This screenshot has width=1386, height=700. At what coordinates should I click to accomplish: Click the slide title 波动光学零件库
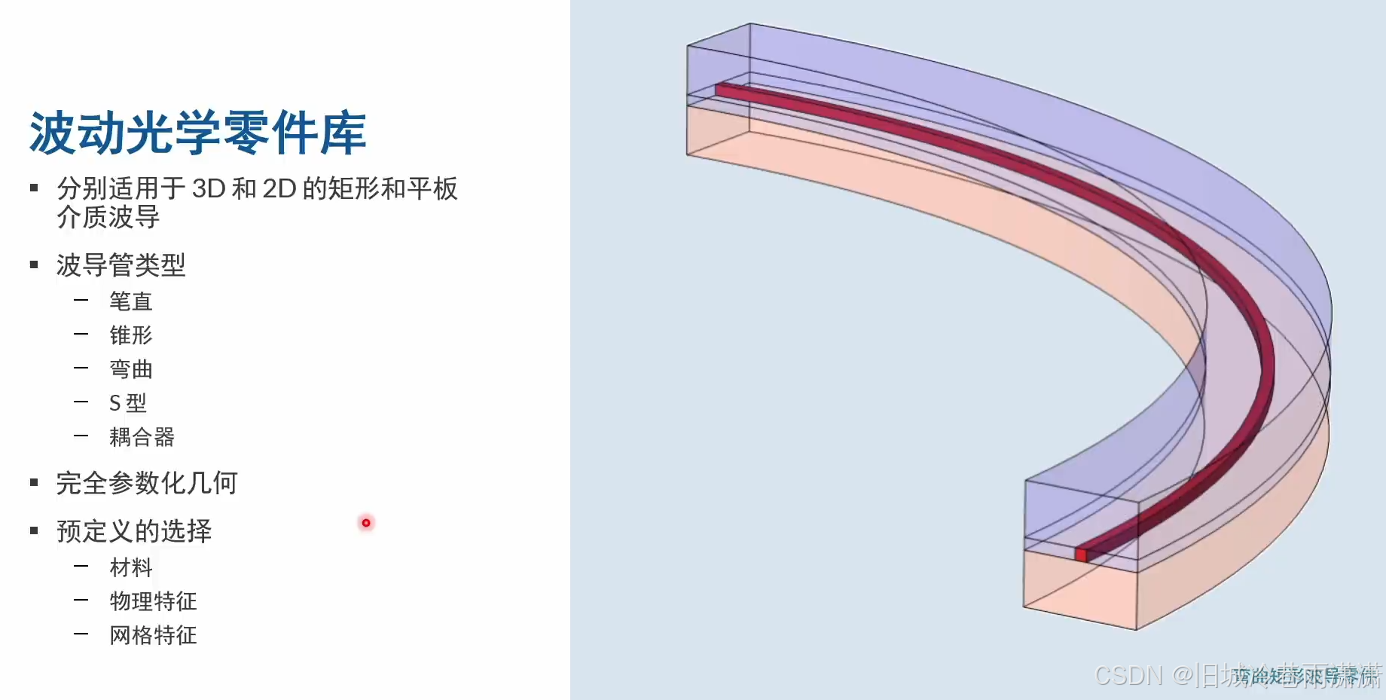[197, 133]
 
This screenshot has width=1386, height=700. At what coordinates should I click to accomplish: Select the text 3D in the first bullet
[209, 188]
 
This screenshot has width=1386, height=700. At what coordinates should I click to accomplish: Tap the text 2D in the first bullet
[279, 188]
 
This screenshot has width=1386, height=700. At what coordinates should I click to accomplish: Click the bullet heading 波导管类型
[121, 265]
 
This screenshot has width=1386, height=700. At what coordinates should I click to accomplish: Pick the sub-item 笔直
[131, 301]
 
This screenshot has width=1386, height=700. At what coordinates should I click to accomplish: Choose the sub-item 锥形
[131, 335]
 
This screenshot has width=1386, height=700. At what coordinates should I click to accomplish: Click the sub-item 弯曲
[131, 369]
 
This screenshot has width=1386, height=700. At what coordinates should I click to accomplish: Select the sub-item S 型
[127, 403]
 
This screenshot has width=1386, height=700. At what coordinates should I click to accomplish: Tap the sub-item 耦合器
[142, 437]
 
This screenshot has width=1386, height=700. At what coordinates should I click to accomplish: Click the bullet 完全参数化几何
[147, 483]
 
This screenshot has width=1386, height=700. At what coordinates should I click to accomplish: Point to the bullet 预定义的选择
[134, 531]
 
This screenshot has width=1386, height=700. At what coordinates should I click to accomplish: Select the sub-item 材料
[131, 567]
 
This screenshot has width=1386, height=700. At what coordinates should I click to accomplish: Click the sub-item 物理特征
[153, 601]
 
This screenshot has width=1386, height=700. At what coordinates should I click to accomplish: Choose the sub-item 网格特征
[153, 635]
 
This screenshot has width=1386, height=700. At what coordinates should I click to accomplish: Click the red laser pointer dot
[366, 523]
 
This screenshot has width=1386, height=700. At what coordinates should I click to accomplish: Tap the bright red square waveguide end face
[1081, 555]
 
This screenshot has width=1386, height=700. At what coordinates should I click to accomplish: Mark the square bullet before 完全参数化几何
[34, 483]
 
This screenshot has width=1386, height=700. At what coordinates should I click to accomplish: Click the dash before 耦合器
[81, 436]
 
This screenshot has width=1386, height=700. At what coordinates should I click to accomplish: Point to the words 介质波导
[108, 218]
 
